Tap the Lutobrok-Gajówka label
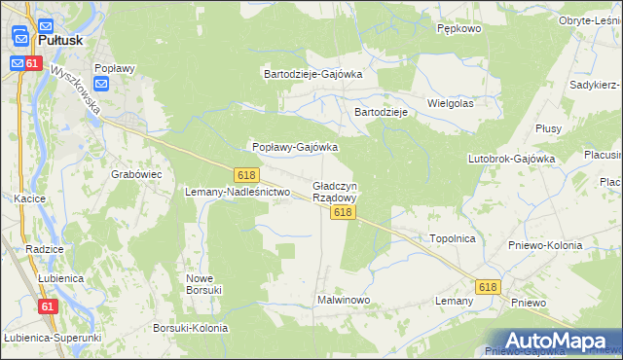tap(511, 158)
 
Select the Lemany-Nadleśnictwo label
tap(238, 192)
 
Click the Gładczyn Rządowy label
tap(335, 191)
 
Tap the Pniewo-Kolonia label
tap(545, 245)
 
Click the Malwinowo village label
tap(344, 300)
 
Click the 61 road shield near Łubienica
tap(48, 306)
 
